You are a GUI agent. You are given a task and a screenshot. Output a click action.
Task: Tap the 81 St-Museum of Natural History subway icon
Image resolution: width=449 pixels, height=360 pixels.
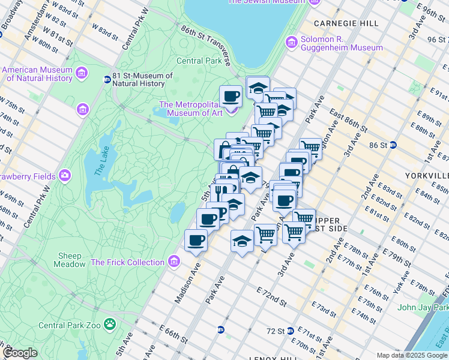[x=107, y=79]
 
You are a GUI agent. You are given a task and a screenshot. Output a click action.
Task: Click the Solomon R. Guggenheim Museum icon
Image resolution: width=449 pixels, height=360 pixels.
[x=292, y=43]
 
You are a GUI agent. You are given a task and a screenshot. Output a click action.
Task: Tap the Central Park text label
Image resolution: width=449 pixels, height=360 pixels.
[x=199, y=61]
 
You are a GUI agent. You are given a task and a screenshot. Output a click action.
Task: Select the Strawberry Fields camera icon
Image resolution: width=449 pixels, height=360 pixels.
[x=65, y=176]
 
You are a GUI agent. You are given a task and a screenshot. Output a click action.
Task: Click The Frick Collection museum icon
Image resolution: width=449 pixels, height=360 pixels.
[x=174, y=262]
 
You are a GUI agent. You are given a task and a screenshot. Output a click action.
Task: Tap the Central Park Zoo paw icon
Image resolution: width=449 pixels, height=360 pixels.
[x=110, y=325]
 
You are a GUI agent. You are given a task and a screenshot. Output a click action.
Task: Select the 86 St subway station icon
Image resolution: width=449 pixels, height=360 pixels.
[x=393, y=145]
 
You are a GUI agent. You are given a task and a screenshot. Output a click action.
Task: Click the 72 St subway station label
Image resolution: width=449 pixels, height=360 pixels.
[x=275, y=331]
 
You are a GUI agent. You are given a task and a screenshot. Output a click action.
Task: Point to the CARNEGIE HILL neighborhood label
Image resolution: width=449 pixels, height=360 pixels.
[x=345, y=23]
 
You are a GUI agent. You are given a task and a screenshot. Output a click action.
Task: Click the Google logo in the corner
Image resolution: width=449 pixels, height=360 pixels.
[x=20, y=353]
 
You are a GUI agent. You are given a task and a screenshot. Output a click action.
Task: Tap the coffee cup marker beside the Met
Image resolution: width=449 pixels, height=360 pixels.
[x=231, y=95]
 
